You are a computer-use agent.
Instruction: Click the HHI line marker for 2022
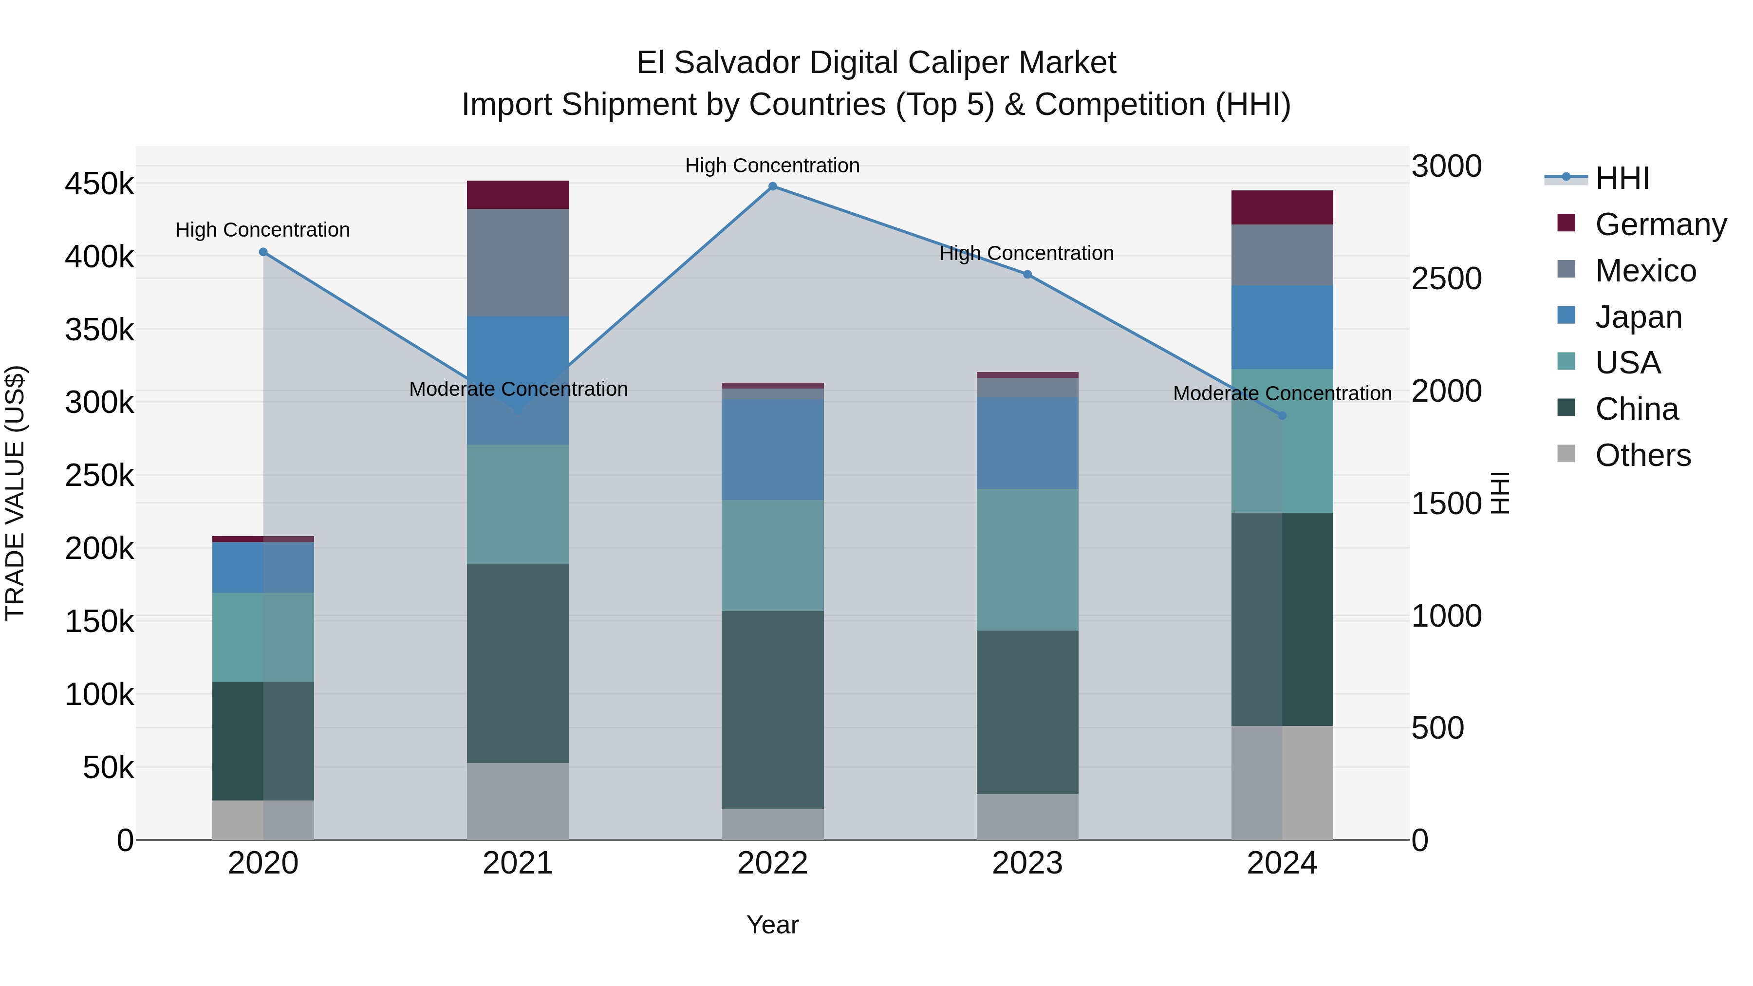[772, 186]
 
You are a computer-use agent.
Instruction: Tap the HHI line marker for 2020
[263, 252]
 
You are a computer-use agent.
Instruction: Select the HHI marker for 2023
[1027, 274]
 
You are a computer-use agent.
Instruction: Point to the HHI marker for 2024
[1282, 415]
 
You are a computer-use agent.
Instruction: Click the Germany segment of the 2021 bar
[518, 195]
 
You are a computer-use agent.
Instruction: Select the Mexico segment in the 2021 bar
[518, 262]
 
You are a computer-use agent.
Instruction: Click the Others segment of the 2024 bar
[1282, 782]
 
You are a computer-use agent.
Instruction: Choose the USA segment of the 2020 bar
[263, 636]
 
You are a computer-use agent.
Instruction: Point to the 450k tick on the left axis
[99, 184]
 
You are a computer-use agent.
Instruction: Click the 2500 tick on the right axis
[1446, 279]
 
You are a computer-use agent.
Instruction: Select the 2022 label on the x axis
[772, 863]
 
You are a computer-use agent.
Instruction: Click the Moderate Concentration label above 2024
[1282, 393]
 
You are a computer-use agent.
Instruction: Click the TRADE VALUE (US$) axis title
[15, 493]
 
